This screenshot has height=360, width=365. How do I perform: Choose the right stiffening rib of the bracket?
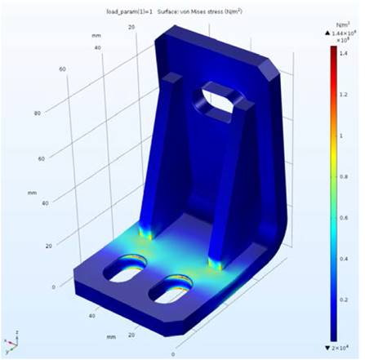(221, 196)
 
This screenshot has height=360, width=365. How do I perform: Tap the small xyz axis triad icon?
(10, 342)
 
